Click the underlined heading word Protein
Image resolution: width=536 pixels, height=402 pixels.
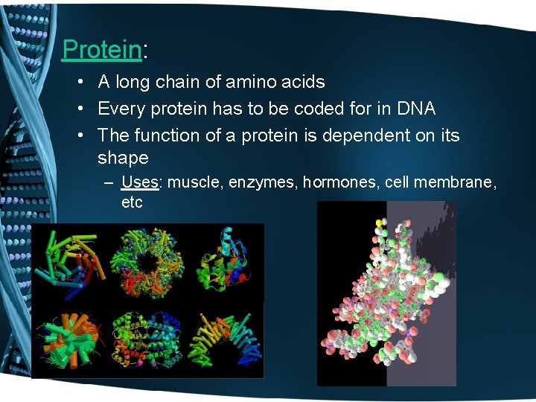(x=101, y=49)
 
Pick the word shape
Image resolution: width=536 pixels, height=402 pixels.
(x=123, y=158)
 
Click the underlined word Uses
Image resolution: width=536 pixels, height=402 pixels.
(x=138, y=182)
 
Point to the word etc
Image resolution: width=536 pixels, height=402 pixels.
(x=132, y=202)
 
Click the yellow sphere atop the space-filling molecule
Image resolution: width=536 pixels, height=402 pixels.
(x=380, y=222)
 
